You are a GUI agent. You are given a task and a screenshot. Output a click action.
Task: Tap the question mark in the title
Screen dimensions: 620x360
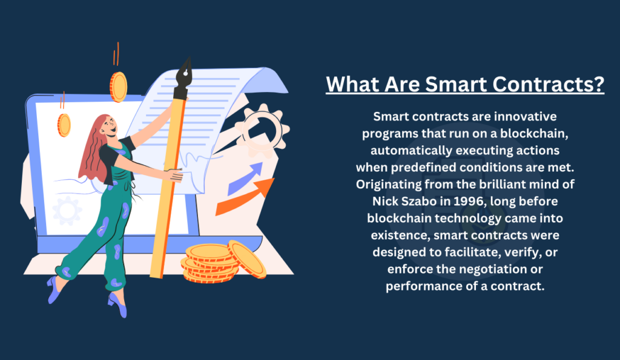599,83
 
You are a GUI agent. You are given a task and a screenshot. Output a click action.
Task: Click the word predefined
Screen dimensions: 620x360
423,168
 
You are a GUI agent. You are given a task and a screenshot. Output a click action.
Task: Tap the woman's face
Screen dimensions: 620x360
110,126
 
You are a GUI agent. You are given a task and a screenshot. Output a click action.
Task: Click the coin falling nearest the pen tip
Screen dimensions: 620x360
118,87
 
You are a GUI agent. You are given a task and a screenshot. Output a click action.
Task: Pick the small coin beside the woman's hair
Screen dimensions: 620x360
64,125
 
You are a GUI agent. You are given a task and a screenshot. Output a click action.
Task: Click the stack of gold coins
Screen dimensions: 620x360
223,261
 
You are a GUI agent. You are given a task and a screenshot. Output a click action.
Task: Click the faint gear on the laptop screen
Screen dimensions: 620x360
67,211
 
